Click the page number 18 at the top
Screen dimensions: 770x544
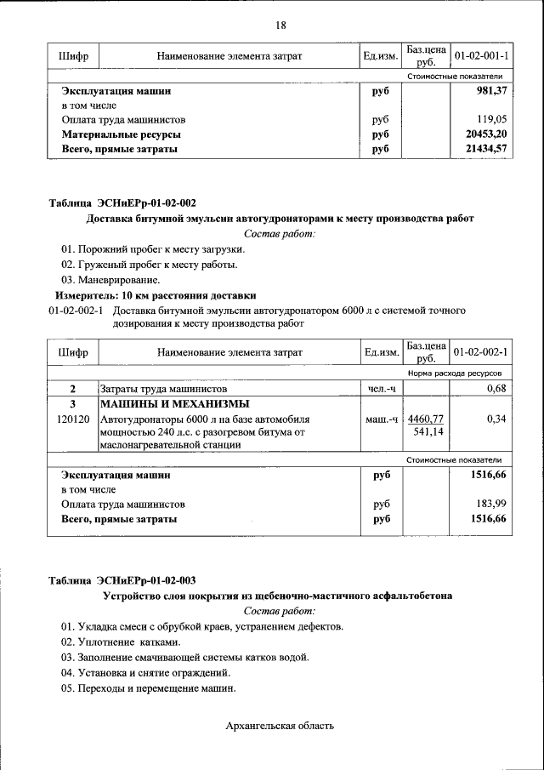pos(280,26)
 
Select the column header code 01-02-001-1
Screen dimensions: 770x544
pos(481,56)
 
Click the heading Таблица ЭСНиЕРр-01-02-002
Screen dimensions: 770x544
pos(122,203)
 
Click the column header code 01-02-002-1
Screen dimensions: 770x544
pos(481,351)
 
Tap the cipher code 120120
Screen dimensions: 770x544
pos(73,419)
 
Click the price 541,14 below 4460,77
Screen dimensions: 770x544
pos(430,432)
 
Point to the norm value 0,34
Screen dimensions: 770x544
pos(496,419)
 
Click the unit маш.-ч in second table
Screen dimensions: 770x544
pos(381,419)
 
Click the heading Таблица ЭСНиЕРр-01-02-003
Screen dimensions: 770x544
pos(122,581)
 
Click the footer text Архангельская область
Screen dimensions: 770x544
pos(280,726)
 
